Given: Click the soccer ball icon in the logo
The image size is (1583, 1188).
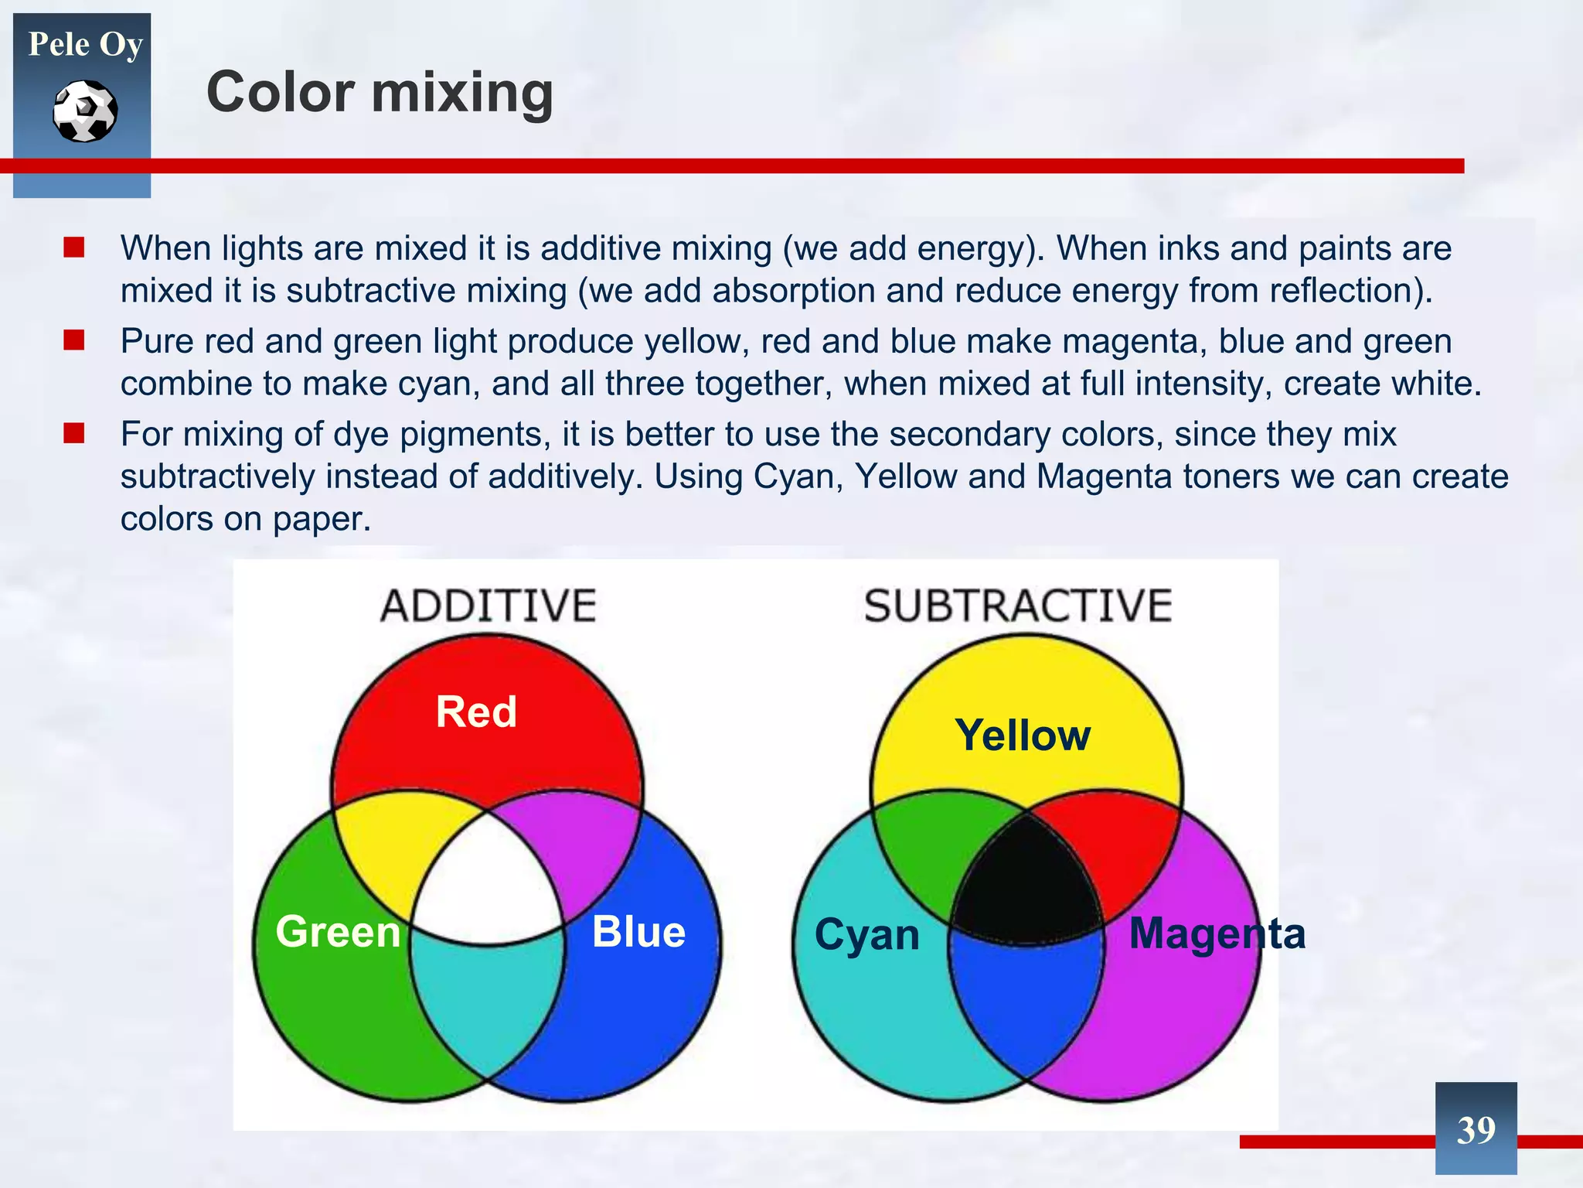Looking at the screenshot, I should (x=85, y=111).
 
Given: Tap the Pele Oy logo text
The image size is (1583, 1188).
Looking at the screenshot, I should (x=85, y=44).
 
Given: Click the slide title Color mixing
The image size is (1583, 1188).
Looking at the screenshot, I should (x=380, y=92).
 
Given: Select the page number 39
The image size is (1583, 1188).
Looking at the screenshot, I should (x=1476, y=1130).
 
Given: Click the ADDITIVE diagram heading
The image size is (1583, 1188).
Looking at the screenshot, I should (x=488, y=606).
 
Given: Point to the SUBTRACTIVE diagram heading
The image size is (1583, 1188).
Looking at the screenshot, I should (x=1017, y=606).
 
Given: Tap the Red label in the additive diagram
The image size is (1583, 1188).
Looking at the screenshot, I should (x=476, y=712).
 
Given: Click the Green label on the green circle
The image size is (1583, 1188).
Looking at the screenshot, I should (x=338, y=931).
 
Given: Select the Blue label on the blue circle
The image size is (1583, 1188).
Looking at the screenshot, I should (x=638, y=931).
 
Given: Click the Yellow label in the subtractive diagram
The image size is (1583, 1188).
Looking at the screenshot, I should (x=1023, y=735).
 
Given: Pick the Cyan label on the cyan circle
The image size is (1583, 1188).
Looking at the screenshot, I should (x=866, y=934).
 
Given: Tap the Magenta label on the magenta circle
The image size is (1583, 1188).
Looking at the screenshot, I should (x=1217, y=933).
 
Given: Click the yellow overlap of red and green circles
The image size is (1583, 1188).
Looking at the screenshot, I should (x=394, y=835).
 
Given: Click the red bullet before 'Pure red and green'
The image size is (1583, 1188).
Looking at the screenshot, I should (x=74, y=340).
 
